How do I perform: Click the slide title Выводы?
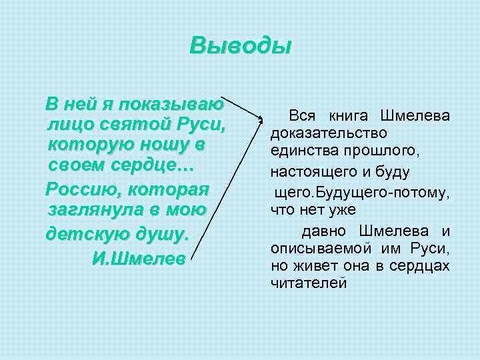click(x=241, y=46)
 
